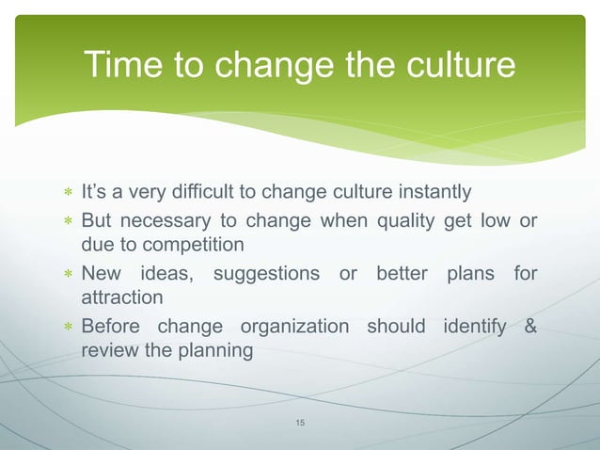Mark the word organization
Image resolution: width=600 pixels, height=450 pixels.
point(293,327)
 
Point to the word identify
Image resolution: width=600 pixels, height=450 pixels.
point(467,327)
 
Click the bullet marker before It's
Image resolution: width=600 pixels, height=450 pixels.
point(67,195)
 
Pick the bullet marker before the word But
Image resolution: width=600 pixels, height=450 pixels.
point(67,222)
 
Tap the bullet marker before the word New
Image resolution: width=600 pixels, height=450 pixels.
point(67,275)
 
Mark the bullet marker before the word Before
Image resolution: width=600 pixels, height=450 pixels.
point(67,328)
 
